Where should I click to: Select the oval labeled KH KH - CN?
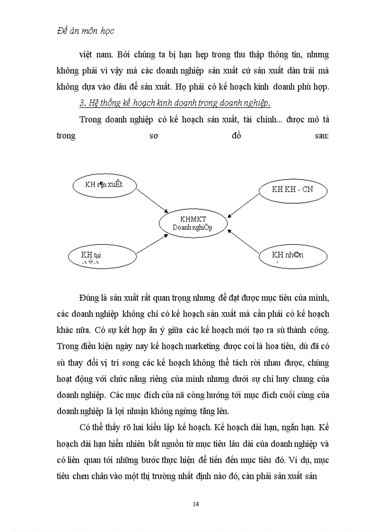pyautogui.click(x=293, y=189)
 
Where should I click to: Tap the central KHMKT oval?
pyautogui.click(x=193, y=223)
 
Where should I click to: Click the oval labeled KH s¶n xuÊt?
pyautogui.click(x=104, y=184)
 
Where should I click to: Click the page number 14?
pyautogui.click(x=195, y=504)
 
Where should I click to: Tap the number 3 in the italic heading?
pyautogui.click(x=82, y=103)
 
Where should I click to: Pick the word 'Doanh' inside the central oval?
pyautogui.click(x=181, y=227)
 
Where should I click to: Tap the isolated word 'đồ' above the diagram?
pyautogui.click(x=237, y=135)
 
